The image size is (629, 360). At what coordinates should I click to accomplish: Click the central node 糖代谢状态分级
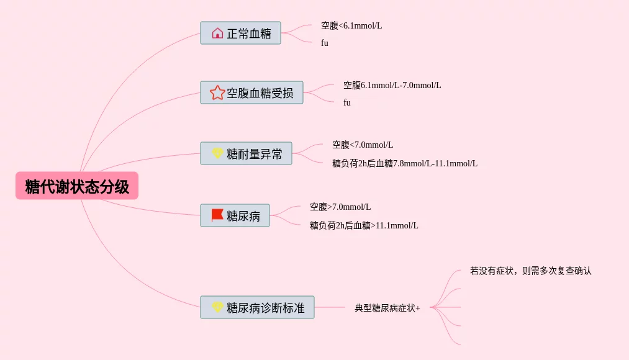coord(77,186)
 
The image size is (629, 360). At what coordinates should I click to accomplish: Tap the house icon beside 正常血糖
coord(217,34)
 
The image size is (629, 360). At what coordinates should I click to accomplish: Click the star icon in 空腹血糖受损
coord(217,93)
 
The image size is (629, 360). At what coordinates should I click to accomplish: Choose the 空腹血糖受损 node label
coord(260,93)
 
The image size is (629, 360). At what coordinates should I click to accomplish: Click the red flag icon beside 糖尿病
coord(217,215)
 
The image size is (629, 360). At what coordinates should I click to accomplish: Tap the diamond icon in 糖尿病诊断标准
coord(217,307)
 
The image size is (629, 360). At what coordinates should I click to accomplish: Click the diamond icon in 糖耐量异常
coord(217,153)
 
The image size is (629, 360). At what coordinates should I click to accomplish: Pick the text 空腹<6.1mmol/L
coord(351,26)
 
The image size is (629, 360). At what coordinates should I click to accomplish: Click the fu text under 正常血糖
coord(325,43)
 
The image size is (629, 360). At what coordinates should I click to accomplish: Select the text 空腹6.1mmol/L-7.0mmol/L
coord(392,86)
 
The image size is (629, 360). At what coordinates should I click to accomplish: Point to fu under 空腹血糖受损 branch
coord(347,103)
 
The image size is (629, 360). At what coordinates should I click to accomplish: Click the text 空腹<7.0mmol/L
coord(363,145)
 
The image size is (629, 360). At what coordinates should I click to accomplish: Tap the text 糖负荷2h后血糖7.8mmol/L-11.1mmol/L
coord(405,164)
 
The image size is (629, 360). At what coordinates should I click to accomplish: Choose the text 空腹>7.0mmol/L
coord(340,207)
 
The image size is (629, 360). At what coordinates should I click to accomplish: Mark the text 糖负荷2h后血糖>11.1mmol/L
coord(364,226)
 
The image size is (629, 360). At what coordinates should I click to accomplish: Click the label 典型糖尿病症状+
coord(387,308)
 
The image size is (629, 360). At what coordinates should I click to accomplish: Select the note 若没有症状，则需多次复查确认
coord(531,271)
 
